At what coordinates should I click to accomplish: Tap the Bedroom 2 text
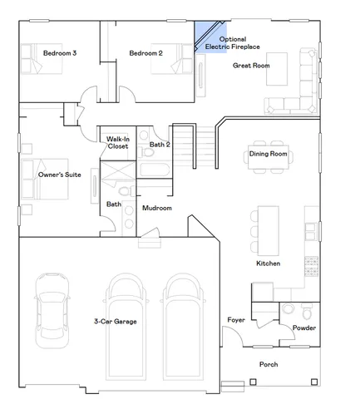(x=145, y=54)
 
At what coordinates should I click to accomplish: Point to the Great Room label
(x=251, y=65)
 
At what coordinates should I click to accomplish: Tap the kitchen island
(x=268, y=230)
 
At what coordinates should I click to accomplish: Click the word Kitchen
(x=268, y=264)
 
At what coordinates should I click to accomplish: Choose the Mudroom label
(x=156, y=208)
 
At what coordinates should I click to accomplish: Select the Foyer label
(x=236, y=320)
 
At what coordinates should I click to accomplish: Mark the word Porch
(x=268, y=364)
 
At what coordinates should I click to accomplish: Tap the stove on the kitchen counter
(x=311, y=264)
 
